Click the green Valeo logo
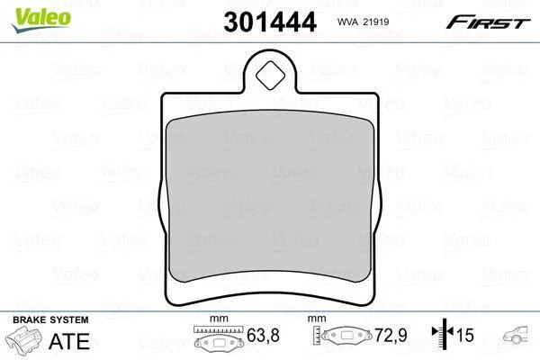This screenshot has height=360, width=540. pos(41,20)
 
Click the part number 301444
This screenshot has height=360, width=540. pos(270,22)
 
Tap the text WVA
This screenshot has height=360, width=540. pos(348,22)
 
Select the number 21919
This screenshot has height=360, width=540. pos(377,22)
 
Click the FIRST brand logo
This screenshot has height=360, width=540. pos(488,22)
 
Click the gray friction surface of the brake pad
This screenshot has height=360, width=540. pos(270,196)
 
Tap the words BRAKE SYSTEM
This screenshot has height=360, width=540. pos(50,320)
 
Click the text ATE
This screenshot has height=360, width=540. pos(69,341)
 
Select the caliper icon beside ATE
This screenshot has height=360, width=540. pos(23,339)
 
